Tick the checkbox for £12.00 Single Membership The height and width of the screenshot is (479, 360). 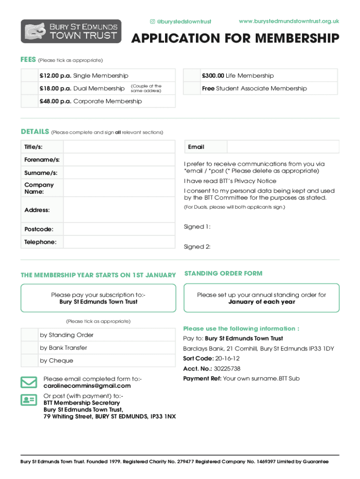29,75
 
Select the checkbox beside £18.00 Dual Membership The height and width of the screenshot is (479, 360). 29,88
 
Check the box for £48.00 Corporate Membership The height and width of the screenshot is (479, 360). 29,101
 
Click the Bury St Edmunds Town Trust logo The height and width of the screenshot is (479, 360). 71,31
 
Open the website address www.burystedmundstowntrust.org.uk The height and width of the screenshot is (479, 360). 288,21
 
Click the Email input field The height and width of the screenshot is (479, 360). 283,147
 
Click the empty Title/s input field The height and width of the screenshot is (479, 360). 119,147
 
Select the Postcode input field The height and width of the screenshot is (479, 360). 119,229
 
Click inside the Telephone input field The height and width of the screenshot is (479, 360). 119,242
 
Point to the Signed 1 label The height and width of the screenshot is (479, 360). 197,227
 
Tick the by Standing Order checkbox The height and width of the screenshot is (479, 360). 29,335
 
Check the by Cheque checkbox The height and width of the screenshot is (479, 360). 29,361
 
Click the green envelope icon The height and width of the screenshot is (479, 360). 29,382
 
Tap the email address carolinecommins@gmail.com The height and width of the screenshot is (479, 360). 87,386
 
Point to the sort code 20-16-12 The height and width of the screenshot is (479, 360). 228,358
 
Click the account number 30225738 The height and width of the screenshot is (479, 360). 227,369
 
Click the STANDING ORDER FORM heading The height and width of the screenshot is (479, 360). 223,273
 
